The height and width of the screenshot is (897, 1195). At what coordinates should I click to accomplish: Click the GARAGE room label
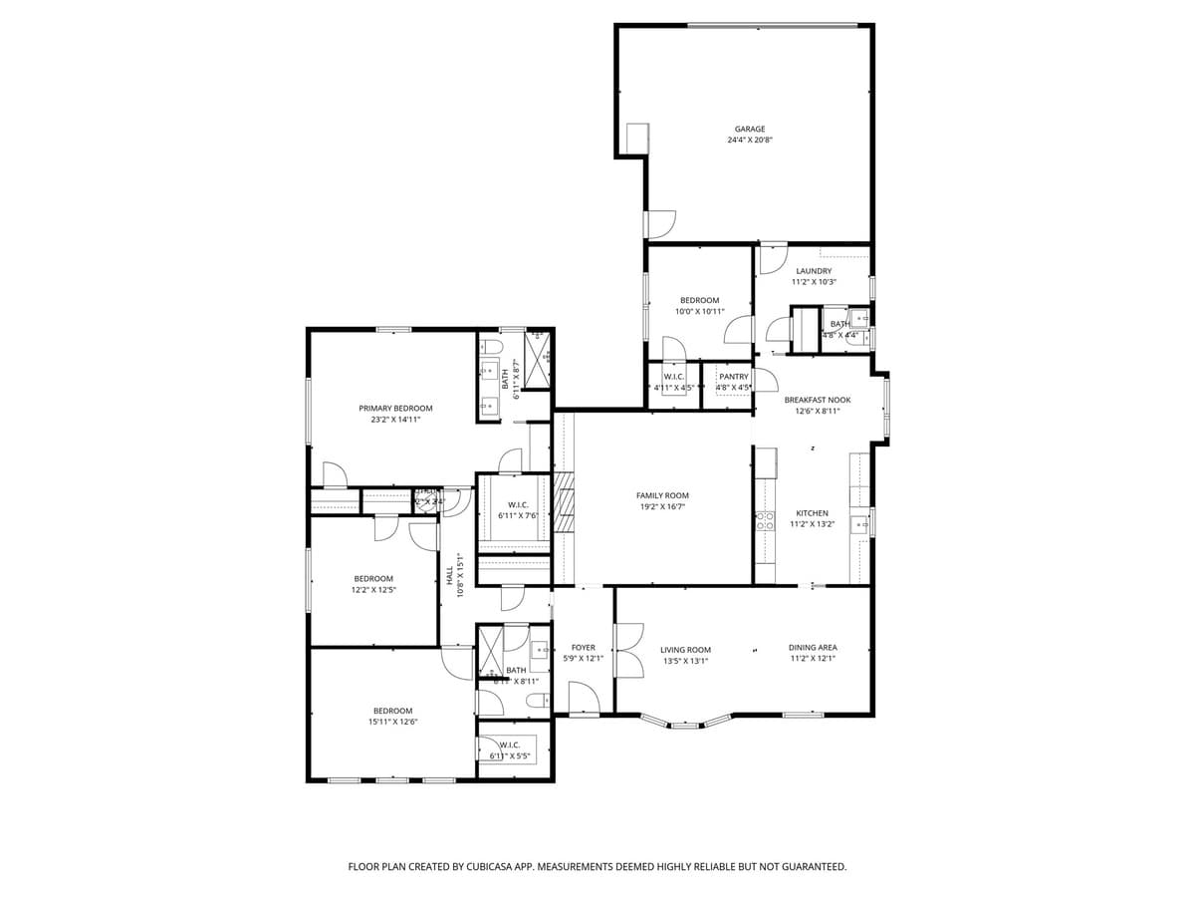750,129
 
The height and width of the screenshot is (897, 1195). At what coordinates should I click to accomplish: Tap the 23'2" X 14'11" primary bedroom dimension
395,420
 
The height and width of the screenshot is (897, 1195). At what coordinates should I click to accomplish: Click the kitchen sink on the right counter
859,522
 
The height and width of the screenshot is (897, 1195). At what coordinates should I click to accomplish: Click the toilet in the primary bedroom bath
489,347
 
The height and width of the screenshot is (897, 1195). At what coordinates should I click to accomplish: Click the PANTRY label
733,377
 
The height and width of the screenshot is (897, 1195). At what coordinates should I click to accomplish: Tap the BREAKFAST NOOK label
817,400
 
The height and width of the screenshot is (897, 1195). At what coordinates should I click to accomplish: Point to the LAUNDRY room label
814,271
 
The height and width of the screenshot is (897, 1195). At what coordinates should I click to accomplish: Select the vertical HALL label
449,575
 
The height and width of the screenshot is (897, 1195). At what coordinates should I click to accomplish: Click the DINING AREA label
813,648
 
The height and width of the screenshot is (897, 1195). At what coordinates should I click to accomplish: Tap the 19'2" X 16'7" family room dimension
662,506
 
